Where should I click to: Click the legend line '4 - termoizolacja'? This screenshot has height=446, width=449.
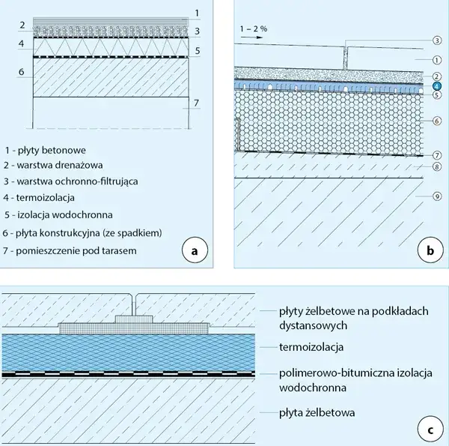(x=44, y=198)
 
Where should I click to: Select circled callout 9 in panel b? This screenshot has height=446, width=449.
(x=435, y=196)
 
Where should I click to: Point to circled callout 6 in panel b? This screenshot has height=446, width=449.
(x=435, y=121)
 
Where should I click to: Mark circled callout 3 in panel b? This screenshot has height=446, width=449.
(x=435, y=39)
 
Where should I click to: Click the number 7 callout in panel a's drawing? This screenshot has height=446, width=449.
(x=196, y=103)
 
